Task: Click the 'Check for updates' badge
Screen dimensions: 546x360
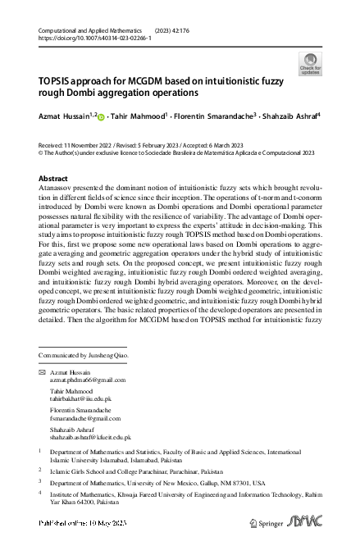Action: [x=312, y=63]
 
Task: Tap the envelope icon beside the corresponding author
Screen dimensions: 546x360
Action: [x=42, y=372]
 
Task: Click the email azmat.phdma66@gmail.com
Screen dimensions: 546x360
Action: [x=88, y=380]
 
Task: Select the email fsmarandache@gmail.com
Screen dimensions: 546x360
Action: [x=87, y=416]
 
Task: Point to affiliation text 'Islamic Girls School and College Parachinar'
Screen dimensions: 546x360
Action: [x=124, y=470]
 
